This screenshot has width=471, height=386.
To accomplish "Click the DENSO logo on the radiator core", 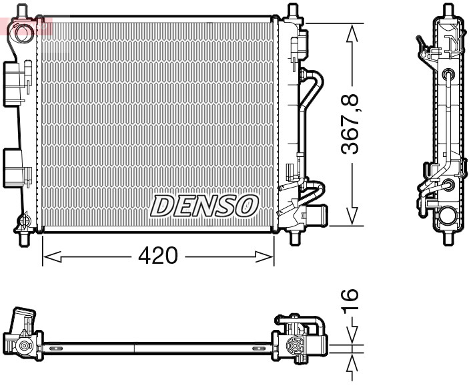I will click(204, 206).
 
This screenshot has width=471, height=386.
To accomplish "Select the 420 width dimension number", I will click(158, 255).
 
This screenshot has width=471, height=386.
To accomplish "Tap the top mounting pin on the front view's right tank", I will click(292, 11).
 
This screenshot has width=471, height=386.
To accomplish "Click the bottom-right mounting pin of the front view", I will click(294, 237).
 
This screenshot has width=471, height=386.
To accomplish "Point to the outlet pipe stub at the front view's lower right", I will click(319, 216).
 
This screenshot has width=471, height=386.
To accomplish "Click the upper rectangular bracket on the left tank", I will click(15, 83).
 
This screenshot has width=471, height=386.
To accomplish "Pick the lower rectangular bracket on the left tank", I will click(16, 166).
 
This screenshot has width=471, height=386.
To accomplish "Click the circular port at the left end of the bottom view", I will click(24, 346).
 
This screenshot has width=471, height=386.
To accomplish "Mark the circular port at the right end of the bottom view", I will click(292, 346).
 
